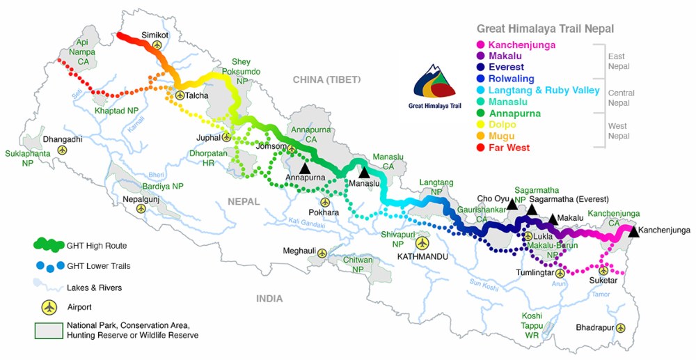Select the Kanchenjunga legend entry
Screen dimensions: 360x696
[x=522, y=45]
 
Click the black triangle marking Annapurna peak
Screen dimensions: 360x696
[x=304, y=168]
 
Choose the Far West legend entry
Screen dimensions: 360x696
[x=508, y=148]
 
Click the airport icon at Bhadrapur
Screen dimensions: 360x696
[x=620, y=327]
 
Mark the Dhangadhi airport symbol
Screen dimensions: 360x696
[x=63, y=150]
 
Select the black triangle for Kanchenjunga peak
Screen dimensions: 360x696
[x=633, y=232]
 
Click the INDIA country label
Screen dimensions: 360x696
[x=269, y=299]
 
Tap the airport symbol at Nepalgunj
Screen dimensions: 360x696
[x=141, y=209]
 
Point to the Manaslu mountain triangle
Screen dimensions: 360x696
[x=363, y=172]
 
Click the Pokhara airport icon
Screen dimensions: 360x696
[x=325, y=202]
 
